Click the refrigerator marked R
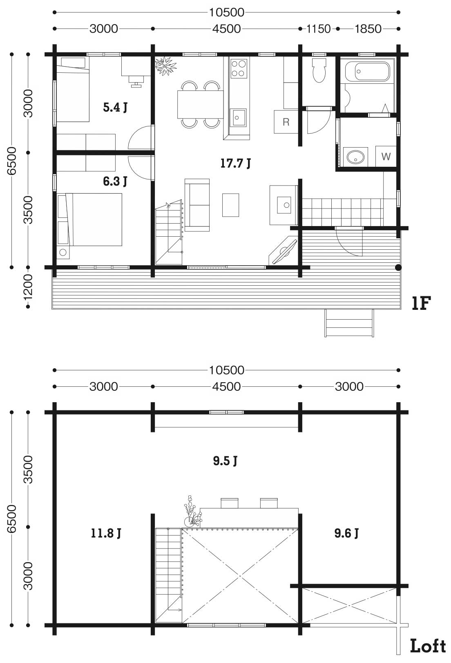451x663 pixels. pos(286,122)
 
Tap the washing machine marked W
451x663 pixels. pos(386,156)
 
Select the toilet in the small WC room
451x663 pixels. pos(319,70)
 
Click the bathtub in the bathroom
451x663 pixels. pos(367,72)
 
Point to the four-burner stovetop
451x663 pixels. pos(239,69)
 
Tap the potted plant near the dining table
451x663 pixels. pos(165,66)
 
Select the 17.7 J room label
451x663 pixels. pos(235,163)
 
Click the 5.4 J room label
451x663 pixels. pos(115,107)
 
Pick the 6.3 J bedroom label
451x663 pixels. pos(115,181)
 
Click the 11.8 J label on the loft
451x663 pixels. pos(105,533)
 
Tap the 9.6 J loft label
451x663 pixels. pos(346,533)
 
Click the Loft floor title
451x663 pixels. pos(428,646)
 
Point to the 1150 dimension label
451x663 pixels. pos(318,29)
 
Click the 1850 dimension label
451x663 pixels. pos(368,29)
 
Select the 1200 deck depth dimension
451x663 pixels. pos(28,287)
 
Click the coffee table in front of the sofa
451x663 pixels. pos(230,205)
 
